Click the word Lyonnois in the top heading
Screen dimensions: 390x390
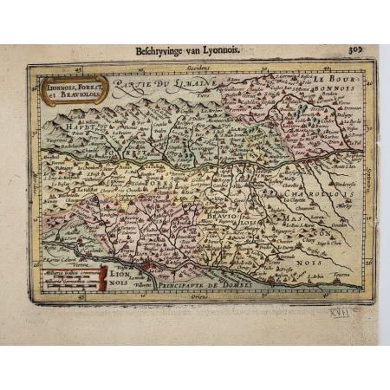pos(220,52)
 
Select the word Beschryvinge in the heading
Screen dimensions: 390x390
pos(162,52)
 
